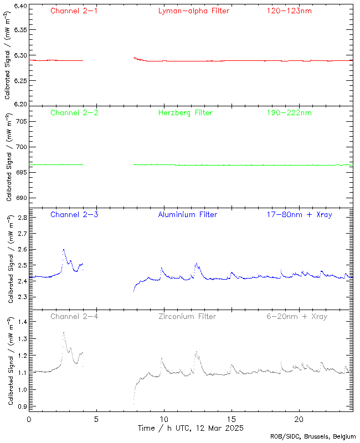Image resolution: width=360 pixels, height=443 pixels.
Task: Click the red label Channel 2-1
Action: tap(74, 11)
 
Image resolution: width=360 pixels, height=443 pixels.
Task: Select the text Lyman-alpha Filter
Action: tap(193, 11)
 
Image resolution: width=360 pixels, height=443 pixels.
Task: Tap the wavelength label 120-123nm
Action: tap(288, 11)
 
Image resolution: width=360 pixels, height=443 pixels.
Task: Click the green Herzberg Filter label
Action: tap(186, 113)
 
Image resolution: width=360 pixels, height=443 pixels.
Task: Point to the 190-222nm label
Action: tap(288, 113)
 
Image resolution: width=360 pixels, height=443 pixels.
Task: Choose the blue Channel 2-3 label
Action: tap(74, 215)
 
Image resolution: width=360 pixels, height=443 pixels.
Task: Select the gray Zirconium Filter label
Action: tap(187, 317)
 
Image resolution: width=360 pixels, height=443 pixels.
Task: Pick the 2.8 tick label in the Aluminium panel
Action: tap(20, 219)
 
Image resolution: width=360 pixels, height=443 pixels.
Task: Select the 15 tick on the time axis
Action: tap(232, 419)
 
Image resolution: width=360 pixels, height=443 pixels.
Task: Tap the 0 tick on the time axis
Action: tap(29, 419)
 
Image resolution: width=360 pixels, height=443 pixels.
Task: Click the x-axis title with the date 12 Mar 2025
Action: tap(191, 428)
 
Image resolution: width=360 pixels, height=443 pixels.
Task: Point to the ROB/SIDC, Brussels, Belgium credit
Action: tap(313, 437)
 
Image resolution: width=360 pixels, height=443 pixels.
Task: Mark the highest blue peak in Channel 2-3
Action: tap(64, 250)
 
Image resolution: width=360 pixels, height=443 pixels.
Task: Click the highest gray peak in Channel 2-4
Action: tap(64, 333)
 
